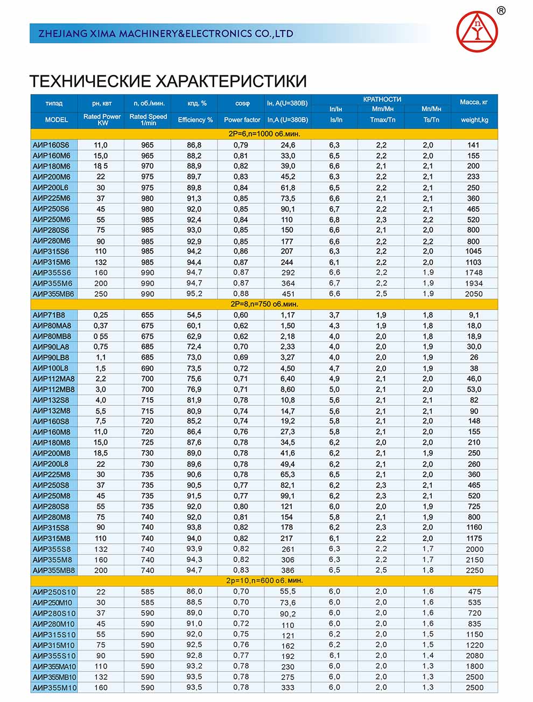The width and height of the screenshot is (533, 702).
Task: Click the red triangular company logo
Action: (476, 31)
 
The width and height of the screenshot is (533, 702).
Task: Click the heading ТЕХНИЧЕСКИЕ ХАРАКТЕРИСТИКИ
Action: (168, 81)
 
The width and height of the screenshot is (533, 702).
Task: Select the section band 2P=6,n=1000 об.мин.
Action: (264, 134)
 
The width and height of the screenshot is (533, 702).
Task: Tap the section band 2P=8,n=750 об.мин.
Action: (264, 304)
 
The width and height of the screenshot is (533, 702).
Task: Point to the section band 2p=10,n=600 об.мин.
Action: (264, 581)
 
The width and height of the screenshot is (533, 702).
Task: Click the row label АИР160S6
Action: (51, 145)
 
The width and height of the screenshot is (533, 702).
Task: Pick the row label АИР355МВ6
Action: (53, 294)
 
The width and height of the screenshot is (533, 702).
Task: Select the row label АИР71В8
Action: (49, 315)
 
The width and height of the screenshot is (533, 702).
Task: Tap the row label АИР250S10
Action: (54, 592)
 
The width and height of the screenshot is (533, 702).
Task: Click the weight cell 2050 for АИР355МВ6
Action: (474, 294)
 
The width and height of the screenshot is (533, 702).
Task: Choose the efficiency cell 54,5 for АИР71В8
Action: (194, 315)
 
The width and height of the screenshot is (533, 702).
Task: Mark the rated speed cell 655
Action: (148, 315)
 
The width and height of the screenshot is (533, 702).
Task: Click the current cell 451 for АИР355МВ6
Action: (288, 294)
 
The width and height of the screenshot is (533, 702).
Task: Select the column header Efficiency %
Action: (195, 120)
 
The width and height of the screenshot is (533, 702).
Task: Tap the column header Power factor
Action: (242, 120)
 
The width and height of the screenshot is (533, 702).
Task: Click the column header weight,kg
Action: (474, 120)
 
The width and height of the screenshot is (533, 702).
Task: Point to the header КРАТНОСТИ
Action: (382, 99)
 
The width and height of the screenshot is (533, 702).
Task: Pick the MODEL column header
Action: (56, 120)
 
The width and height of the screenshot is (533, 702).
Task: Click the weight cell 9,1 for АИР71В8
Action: (474, 315)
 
